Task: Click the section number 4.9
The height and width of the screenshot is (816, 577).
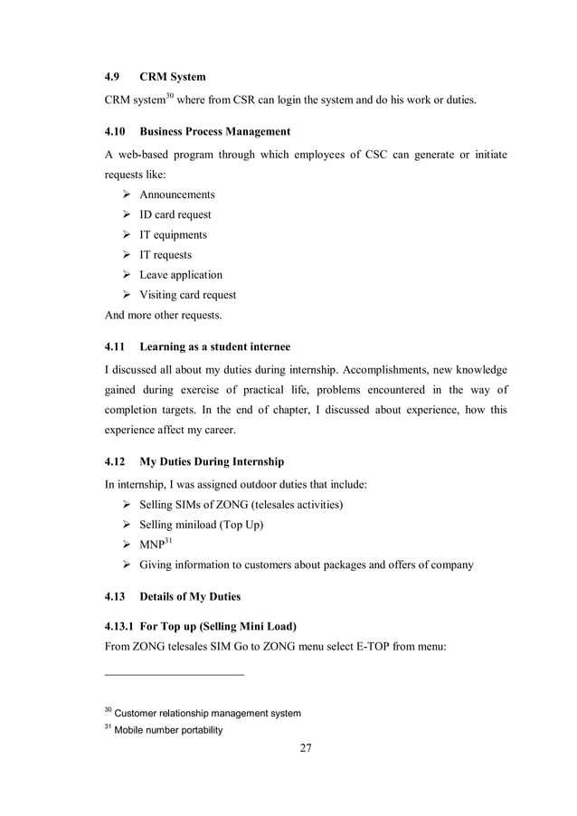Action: pos(114,76)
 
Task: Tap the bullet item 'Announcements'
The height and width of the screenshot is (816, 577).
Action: pos(176,195)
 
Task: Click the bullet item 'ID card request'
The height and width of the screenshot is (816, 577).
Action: pos(175,214)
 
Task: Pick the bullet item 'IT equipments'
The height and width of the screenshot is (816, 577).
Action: pos(172,234)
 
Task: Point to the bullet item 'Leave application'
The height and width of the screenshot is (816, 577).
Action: pos(180,274)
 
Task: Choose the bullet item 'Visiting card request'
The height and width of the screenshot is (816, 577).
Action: pos(186,294)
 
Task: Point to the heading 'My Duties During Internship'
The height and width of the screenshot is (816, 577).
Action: pos(212,461)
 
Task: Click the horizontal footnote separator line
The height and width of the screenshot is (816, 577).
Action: pos(175,674)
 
